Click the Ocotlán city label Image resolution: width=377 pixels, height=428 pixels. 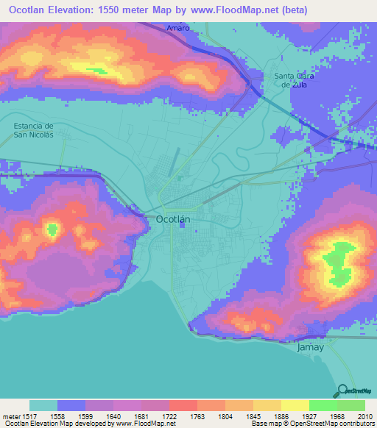point(174,219)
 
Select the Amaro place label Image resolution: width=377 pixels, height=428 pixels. point(178,27)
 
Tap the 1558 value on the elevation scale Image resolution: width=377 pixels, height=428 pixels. point(57,416)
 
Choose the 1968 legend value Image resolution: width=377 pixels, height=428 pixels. point(336,416)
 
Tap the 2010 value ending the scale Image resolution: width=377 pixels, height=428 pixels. point(364,416)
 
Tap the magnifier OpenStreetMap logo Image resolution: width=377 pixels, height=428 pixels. point(342,390)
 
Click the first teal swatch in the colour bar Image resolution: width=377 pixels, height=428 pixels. point(43,405)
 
